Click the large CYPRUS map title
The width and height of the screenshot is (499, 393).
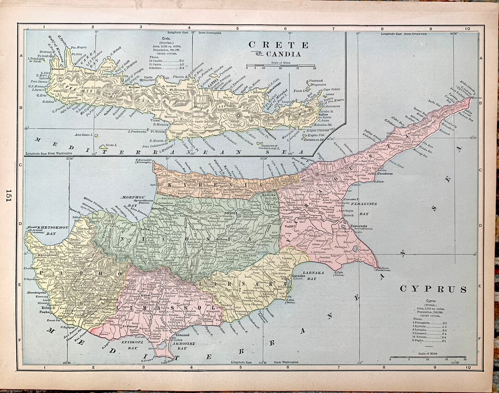[x=433, y=289]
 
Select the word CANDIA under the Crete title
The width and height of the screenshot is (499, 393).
[x=283, y=54]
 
